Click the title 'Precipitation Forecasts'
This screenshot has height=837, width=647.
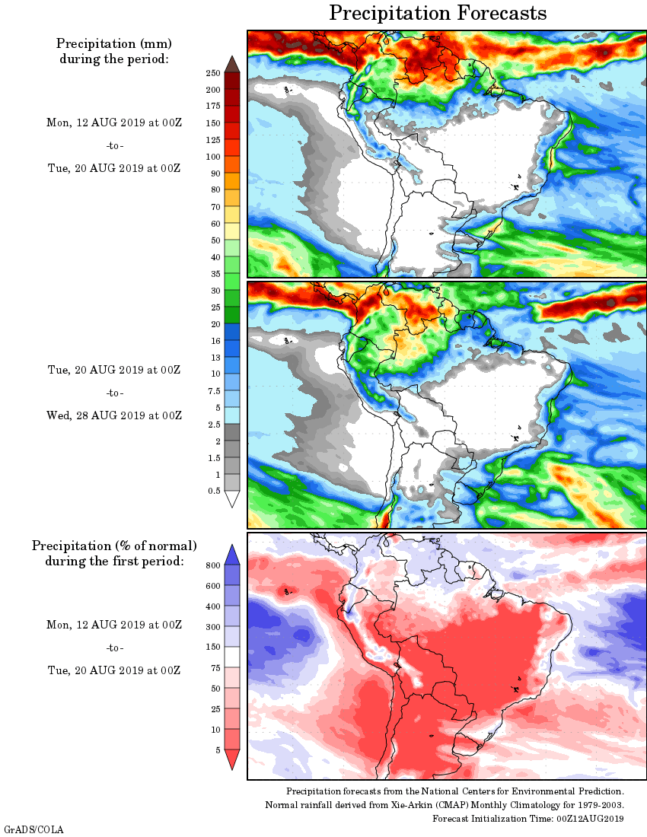tap(438, 13)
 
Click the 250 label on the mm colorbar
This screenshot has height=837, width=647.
tap(213, 73)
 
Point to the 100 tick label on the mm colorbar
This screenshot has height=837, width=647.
tap(213, 157)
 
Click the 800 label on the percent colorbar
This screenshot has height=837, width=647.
tap(213, 565)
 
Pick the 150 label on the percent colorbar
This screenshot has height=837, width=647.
tap(213, 648)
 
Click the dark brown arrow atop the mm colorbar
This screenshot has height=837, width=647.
tap(232, 64)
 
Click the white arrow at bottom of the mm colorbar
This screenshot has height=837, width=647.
tap(232, 498)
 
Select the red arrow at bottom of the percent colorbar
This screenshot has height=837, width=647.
tap(232, 759)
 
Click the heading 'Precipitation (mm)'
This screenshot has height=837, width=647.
tap(114, 43)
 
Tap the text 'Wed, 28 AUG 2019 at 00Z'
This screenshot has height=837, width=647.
tap(114, 415)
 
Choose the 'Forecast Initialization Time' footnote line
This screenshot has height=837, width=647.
tap(528, 818)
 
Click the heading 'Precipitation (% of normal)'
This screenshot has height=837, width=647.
tap(114, 546)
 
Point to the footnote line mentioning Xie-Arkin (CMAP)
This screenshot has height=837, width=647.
tap(445, 805)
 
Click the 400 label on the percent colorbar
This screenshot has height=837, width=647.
tap(213, 606)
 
